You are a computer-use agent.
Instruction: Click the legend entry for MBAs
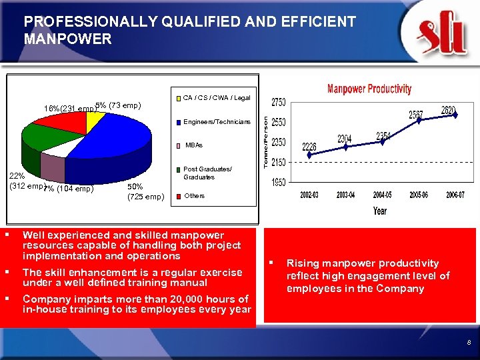[194, 145]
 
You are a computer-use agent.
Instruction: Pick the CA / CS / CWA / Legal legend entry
[213, 98]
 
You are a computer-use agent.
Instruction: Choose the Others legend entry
[194, 196]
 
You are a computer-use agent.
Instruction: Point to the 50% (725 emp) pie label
[145, 191]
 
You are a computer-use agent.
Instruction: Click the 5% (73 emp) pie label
[117, 105]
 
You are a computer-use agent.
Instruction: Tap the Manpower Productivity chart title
[369, 89]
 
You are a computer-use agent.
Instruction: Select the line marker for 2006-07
[455, 115]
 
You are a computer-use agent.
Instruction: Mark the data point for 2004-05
[383, 142]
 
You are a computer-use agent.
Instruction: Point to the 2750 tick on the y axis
[279, 102]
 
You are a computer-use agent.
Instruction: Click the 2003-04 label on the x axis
[346, 195]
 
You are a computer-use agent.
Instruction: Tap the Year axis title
[380, 211]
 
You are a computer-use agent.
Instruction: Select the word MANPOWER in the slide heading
[68, 39]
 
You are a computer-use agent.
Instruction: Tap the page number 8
[469, 342]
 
